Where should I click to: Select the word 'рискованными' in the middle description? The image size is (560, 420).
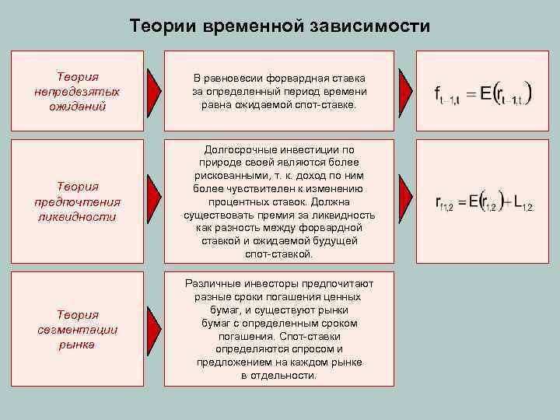(x=228, y=175)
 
